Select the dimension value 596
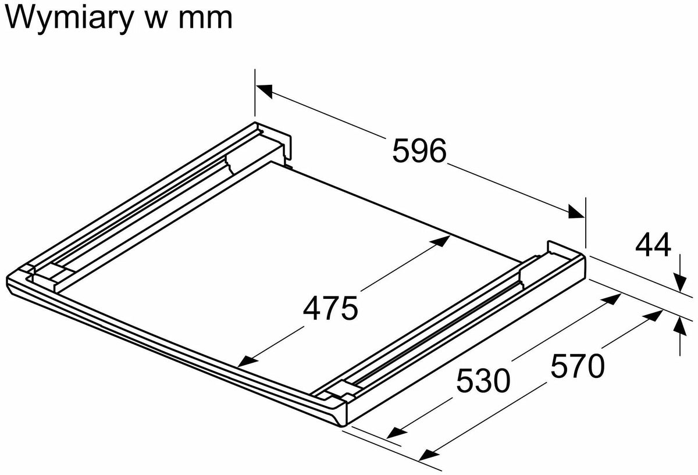coord(419,151)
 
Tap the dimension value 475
coord(330,308)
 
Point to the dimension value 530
coord(483,380)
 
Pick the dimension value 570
coord(578,365)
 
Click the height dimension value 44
coord(653,245)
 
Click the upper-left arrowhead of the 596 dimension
coord(264,91)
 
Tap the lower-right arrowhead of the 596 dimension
coord(576,212)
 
